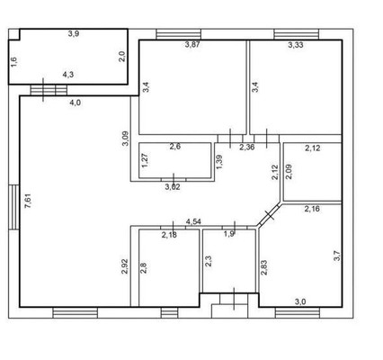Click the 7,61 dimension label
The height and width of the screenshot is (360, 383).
(28, 201)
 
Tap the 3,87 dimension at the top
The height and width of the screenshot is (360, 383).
(192, 45)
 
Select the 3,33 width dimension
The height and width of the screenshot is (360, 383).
(296, 45)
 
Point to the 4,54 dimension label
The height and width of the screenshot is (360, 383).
(193, 222)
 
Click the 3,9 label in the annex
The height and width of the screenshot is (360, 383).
(74, 33)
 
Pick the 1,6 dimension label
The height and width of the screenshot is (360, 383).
(14, 61)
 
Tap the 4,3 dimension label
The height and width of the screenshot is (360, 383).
(68, 75)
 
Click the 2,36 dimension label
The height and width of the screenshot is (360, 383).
(247, 147)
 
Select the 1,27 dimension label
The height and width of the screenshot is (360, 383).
(146, 161)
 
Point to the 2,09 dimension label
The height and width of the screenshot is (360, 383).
(289, 172)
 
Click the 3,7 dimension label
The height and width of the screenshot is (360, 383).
(337, 256)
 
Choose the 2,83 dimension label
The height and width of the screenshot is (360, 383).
(264, 267)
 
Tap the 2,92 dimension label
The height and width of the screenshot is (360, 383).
(125, 266)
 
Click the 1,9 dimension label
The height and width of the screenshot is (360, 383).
(229, 234)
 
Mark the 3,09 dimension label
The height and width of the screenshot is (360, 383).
(126, 139)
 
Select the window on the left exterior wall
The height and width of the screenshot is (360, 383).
(13, 207)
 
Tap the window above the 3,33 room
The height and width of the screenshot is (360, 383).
(297, 34)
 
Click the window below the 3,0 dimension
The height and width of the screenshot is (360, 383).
(298, 312)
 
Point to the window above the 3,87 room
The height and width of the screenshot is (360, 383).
(179, 34)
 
